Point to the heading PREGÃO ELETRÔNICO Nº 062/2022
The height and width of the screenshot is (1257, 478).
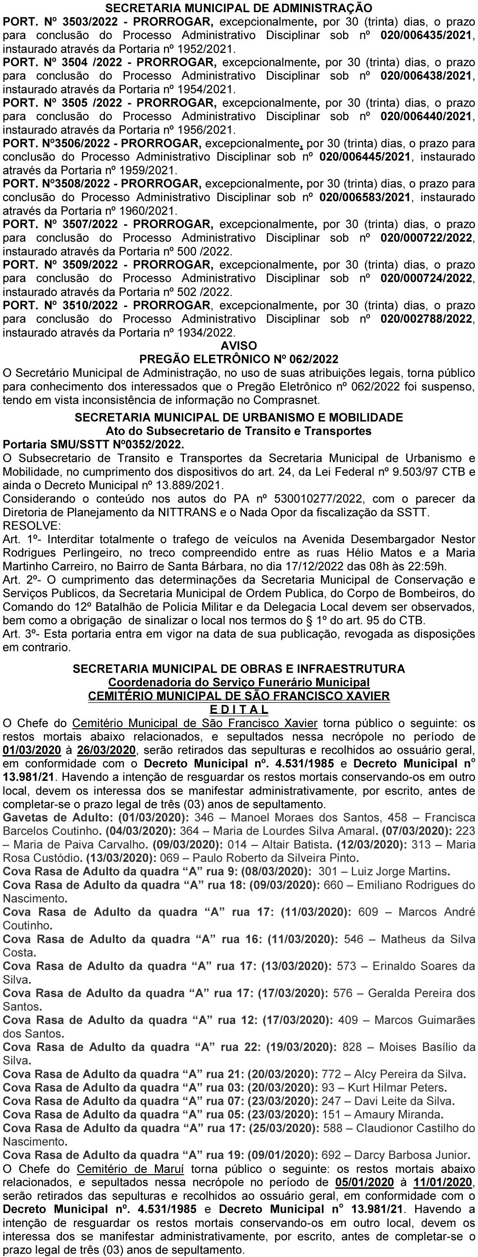click(239, 359)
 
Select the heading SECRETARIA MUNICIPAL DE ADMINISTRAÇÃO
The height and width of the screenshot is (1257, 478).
click(239, 8)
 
